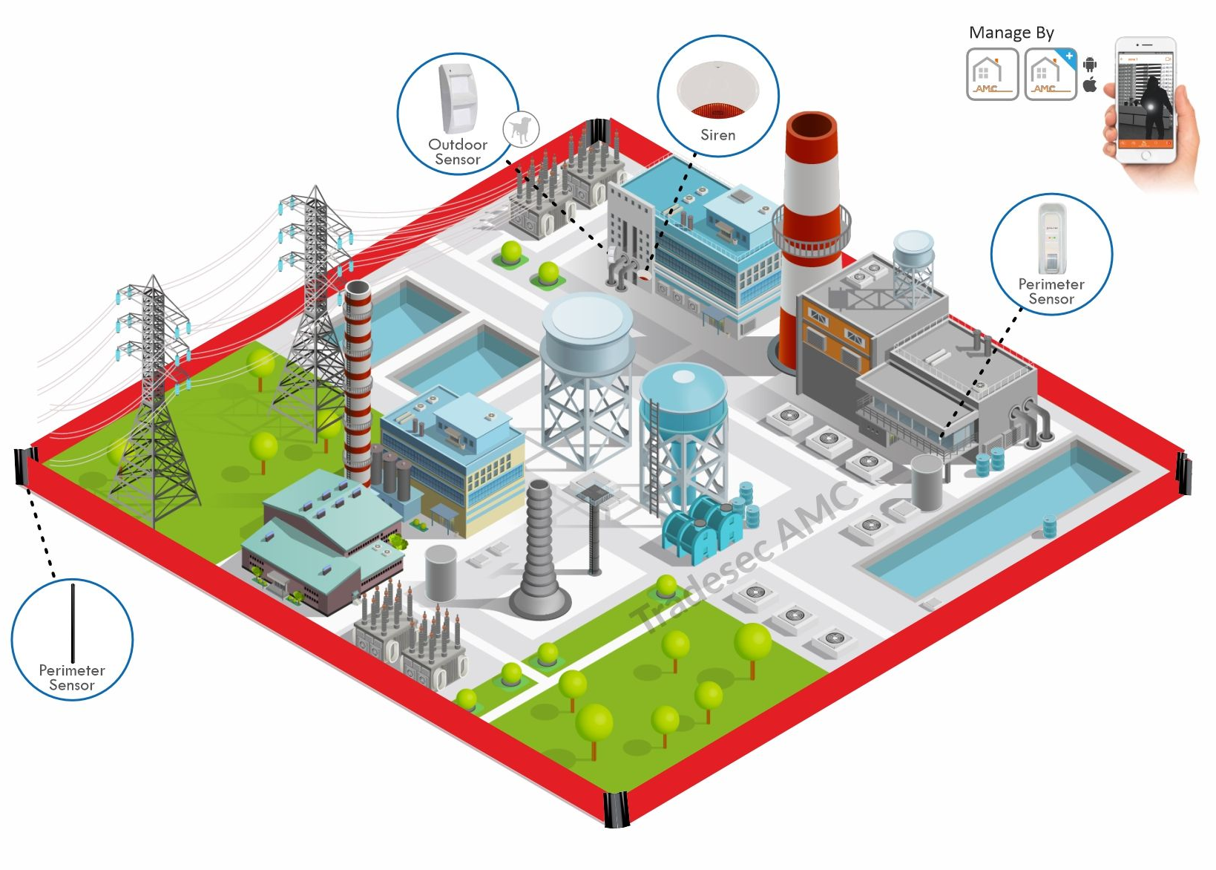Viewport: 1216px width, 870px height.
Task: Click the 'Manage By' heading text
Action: [1011, 33]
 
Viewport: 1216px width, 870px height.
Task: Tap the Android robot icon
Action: [1089, 65]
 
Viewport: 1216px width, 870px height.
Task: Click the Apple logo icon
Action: [1089, 85]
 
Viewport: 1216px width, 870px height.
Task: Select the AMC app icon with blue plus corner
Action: [1051, 74]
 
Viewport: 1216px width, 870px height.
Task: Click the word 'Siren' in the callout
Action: [717, 135]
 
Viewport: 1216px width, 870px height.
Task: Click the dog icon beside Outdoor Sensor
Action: [521, 128]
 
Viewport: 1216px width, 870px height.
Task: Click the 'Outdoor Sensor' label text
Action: [458, 151]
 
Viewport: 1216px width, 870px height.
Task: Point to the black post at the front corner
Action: [616, 809]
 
